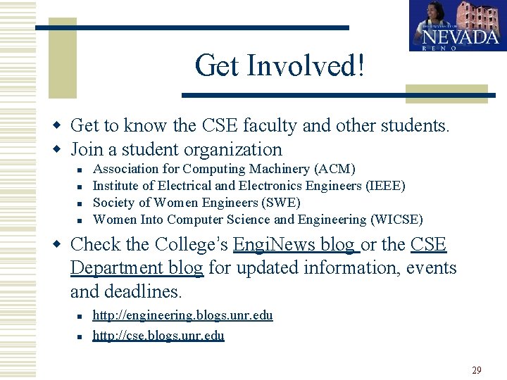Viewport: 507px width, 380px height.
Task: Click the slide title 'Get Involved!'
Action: [280, 66]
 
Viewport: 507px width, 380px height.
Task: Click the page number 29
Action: [477, 369]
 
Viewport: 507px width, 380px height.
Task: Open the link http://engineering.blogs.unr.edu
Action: [182, 315]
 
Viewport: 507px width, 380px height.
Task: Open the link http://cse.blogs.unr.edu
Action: [158, 335]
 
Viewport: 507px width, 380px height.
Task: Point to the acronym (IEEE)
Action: [384, 186]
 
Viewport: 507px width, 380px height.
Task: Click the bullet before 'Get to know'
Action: [60, 126]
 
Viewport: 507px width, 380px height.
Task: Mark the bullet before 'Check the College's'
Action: [60, 245]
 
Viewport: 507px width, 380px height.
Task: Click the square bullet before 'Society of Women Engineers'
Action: [82, 203]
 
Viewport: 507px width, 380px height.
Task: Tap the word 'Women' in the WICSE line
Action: [114, 220]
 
